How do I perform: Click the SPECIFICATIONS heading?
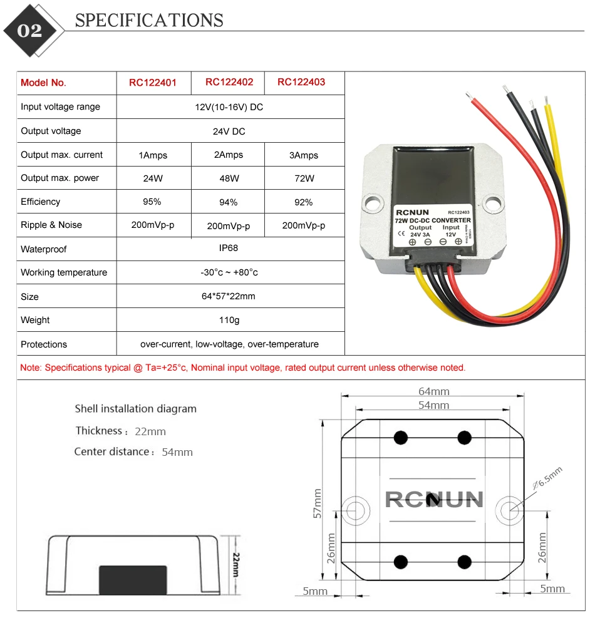[x=149, y=21]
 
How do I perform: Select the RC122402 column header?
[x=229, y=82]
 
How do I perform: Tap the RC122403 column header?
[x=301, y=82]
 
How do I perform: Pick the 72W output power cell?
[x=304, y=178]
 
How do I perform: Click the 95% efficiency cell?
[x=152, y=202]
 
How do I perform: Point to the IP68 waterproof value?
[x=229, y=248]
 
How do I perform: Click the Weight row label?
[x=35, y=320]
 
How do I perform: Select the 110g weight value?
[x=229, y=320]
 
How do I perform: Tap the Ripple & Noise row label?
[x=51, y=225]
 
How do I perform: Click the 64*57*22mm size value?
[x=229, y=296]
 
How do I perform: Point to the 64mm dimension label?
[x=434, y=391]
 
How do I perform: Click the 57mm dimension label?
[x=318, y=503]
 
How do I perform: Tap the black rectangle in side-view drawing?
[x=133, y=579]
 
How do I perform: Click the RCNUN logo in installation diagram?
[x=433, y=499]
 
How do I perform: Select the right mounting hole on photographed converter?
[x=495, y=202]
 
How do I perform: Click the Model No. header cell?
[x=43, y=83]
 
